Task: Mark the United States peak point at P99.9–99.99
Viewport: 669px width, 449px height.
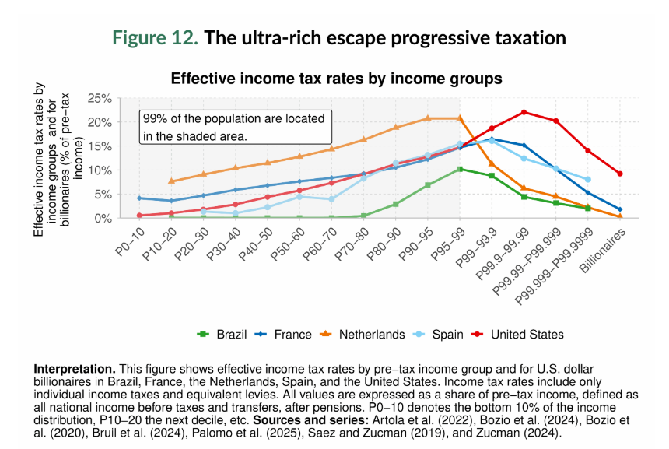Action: coord(524,112)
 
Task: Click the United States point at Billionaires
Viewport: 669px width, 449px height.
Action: coord(619,174)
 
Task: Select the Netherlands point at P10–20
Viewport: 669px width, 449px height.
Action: coord(171,181)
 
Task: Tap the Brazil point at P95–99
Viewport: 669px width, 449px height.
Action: coord(460,169)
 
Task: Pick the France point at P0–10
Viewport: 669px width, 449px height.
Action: coord(139,198)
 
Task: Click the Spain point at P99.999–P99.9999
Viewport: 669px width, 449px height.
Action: coord(588,180)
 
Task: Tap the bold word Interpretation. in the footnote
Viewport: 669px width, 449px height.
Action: coord(75,368)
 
